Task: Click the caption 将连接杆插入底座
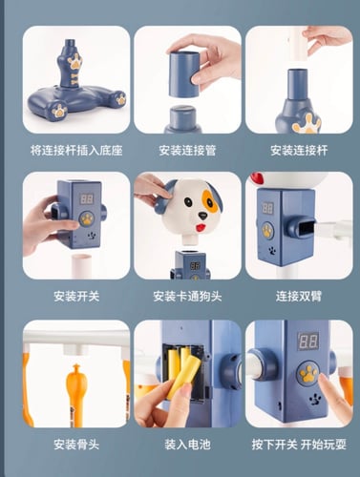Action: pyautogui.click(x=76, y=151)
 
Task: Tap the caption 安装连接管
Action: pyautogui.click(x=187, y=151)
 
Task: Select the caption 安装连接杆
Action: pyautogui.click(x=299, y=151)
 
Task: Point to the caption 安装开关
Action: pyautogui.click(x=76, y=297)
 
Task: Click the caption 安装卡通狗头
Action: pyautogui.click(x=187, y=297)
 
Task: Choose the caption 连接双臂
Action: pyautogui.click(x=299, y=297)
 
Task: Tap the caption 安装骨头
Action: pyautogui.click(x=76, y=445)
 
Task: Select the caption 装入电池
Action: pyautogui.click(x=187, y=445)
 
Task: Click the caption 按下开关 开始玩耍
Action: pyautogui.click(x=299, y=445)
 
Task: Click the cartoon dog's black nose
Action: pyautogui.click(x=202, y=216)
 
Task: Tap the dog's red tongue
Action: pyautogui.click(x=200, y=228)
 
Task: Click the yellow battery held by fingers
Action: pyautogui.click(x=182, y=378)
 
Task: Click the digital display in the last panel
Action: pyautogui.click(x=308, y=342)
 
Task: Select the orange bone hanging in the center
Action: pyautogui.click(x=74, y=394)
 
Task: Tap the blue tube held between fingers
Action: pyautogui.click(x=183, y=74)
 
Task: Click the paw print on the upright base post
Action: pyautogui.click(x=75, y=62)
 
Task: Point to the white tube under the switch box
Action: pyautogui.click(x=82, y=265)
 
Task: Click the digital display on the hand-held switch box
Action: pyautogui.click(x=87, y=199)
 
